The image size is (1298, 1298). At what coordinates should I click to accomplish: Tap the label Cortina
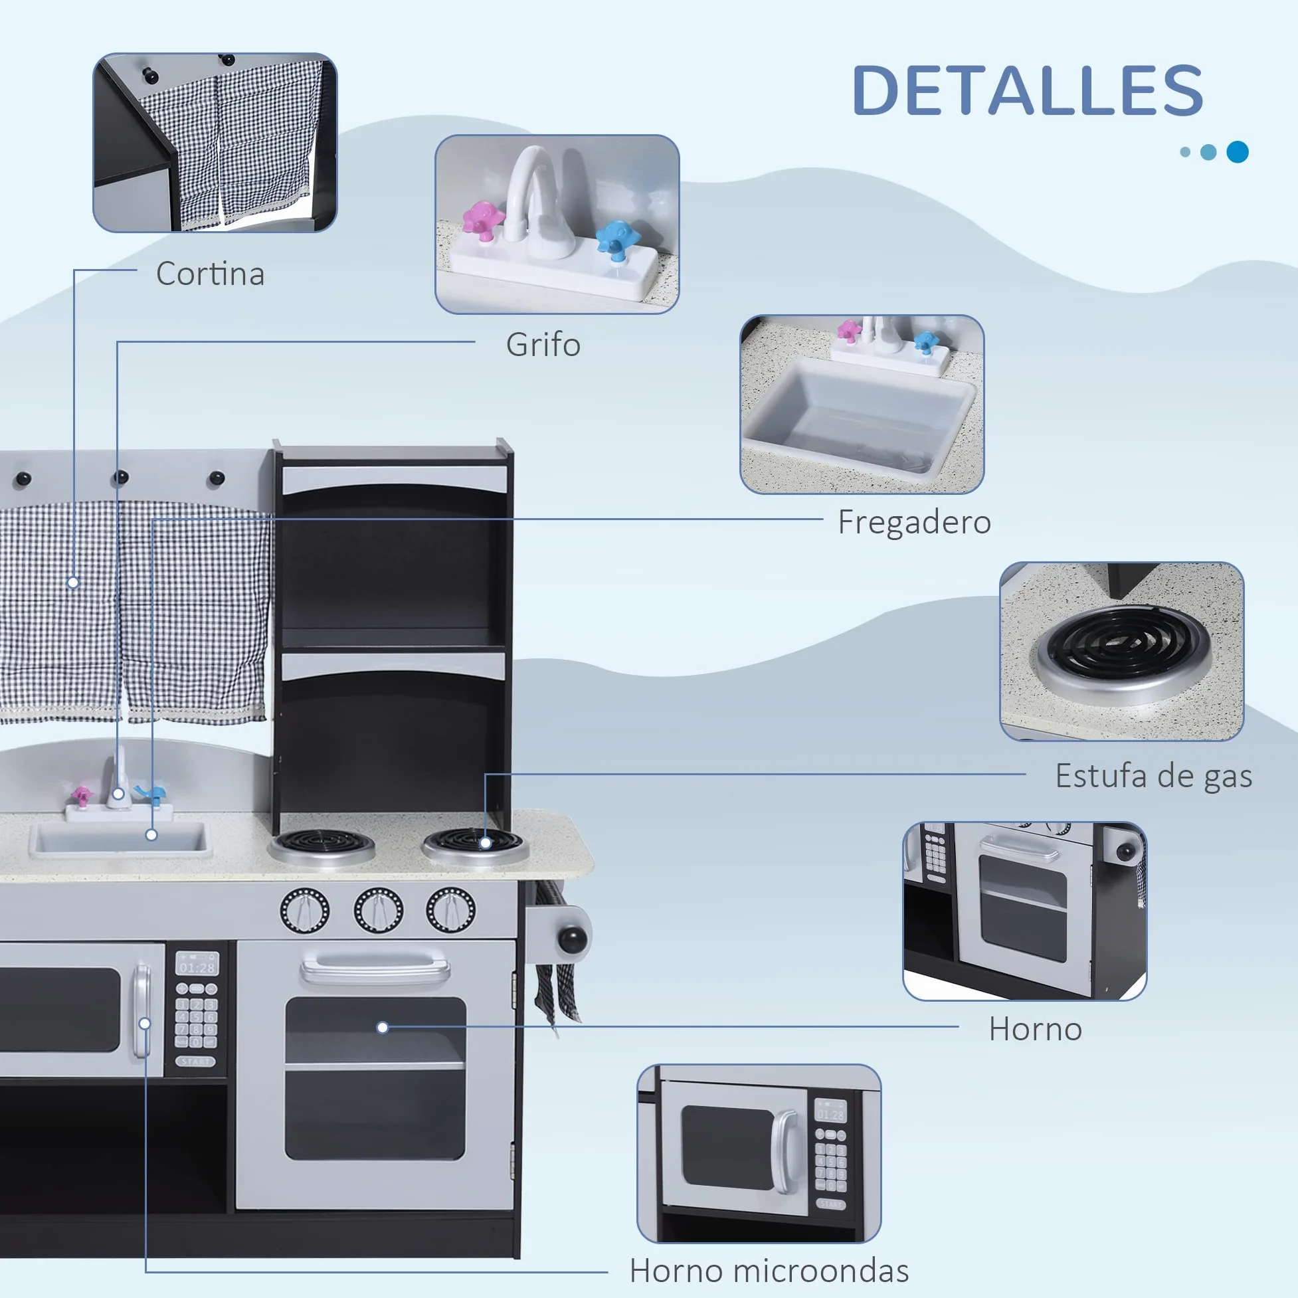coord(211,274)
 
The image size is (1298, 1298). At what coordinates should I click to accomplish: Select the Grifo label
coord(543,345)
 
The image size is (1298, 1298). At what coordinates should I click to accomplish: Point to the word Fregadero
coord(914,522)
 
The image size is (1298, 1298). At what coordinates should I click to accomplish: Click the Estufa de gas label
coord(1154,777)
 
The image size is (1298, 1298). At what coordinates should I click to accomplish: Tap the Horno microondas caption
coord(769,1271)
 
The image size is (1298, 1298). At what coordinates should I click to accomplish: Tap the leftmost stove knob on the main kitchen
coord(304,910)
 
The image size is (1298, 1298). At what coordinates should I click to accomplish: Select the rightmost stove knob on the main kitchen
coord(450,909)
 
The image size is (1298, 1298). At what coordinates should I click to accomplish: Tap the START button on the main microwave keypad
coord(195,1062)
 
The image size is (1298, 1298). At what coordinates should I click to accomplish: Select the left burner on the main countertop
coord(322,847)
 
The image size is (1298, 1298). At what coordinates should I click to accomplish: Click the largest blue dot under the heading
coord(1237,152)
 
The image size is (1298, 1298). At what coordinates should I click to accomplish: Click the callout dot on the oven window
coord(382,1027)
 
